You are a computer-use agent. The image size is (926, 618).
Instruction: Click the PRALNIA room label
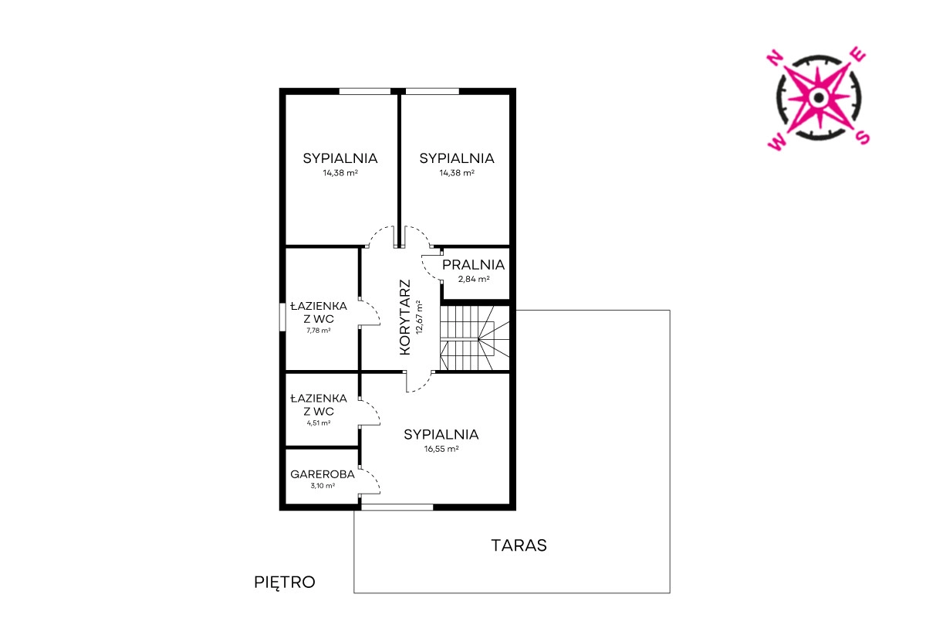473,265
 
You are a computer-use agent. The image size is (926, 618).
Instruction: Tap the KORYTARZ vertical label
406,317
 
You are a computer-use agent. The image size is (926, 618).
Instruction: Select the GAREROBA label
323,474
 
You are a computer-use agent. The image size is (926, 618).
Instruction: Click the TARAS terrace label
519,545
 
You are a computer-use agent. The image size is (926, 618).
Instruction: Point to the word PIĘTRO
285,582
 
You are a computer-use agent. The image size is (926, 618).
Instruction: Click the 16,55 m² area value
441,449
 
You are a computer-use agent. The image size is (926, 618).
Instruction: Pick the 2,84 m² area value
474,279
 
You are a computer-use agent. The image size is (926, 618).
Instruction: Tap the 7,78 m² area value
318,331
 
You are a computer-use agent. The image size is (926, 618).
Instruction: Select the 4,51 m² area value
318,423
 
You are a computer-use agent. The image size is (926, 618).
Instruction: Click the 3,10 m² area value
323,486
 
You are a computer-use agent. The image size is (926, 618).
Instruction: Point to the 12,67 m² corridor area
420,317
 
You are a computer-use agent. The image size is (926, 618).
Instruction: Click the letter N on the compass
774,58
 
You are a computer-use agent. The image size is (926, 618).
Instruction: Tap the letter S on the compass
863,138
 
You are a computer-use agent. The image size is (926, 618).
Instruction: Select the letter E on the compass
859,54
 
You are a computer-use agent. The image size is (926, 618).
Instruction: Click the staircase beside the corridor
475,338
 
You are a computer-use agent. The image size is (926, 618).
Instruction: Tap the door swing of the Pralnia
430,269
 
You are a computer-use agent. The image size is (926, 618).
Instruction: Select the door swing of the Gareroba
370,481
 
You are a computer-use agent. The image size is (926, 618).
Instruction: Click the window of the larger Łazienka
282,317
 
